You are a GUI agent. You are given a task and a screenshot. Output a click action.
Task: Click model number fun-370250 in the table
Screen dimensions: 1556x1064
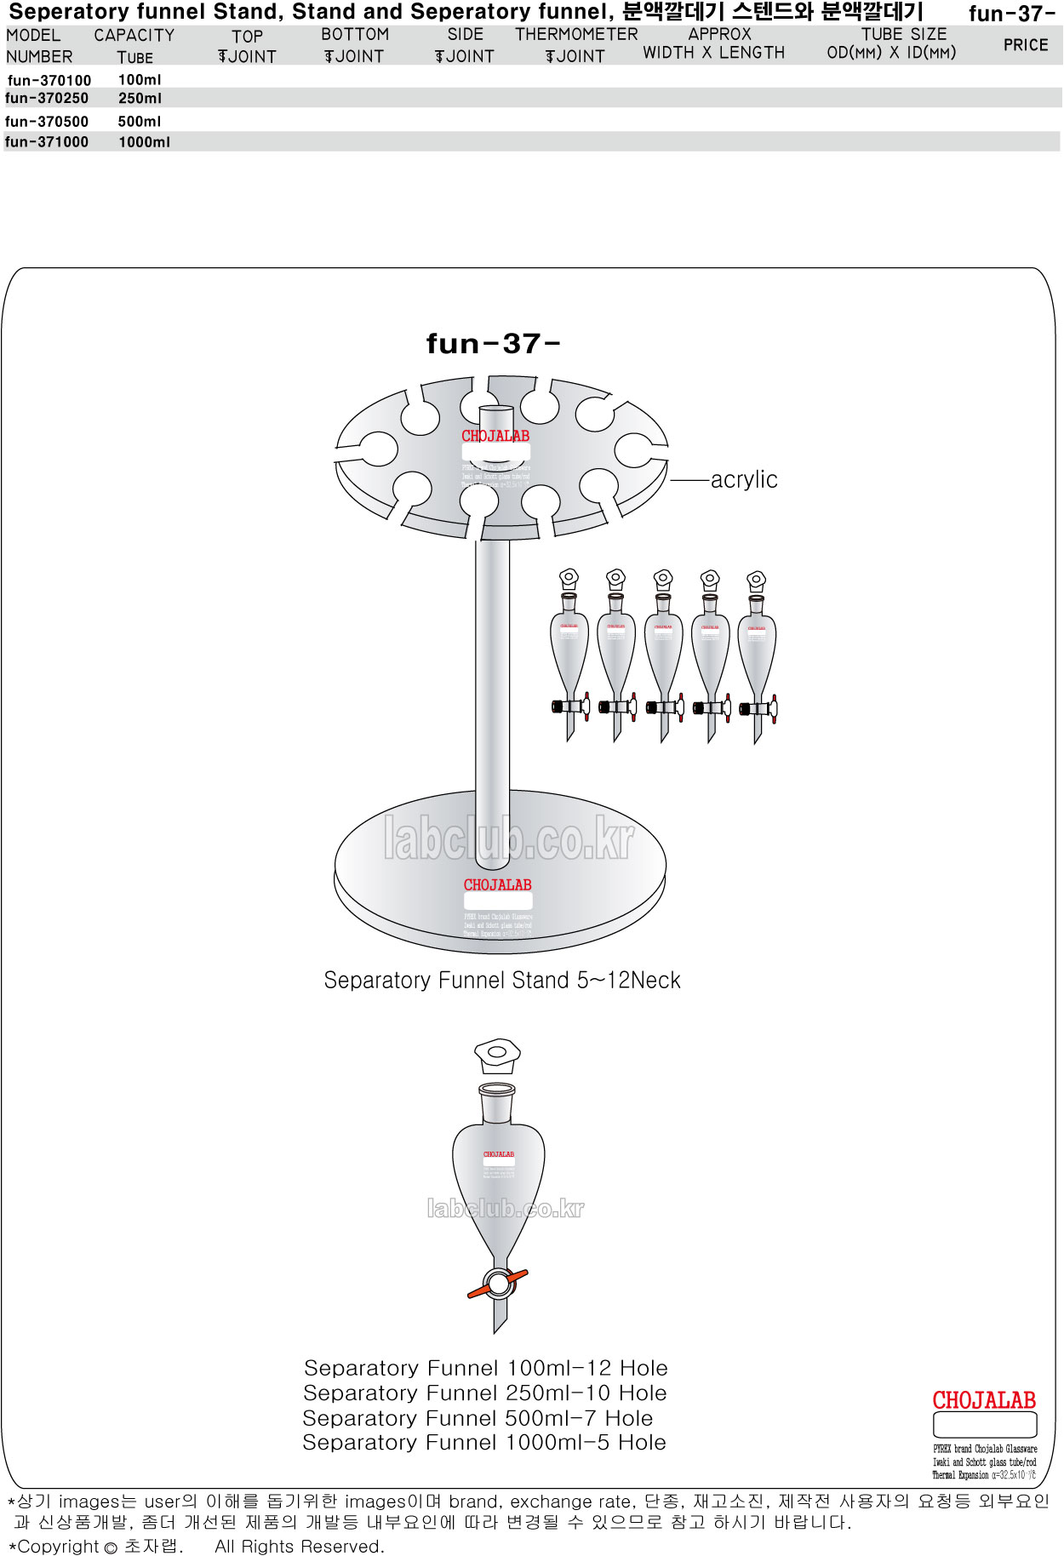tap(47, 99)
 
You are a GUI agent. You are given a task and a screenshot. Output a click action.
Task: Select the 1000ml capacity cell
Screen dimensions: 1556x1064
tap(144, 142)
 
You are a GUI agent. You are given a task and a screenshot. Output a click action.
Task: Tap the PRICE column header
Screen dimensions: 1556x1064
tap(1026, 45)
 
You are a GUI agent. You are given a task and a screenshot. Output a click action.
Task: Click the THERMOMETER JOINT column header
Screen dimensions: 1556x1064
tap(576, 45)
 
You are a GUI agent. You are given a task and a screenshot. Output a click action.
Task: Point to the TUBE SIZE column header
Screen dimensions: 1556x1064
tap(892, 44)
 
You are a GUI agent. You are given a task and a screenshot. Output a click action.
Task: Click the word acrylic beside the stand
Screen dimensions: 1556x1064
tap(744, 480)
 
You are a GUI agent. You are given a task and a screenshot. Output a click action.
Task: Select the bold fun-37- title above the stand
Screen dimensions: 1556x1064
tap(493, 344)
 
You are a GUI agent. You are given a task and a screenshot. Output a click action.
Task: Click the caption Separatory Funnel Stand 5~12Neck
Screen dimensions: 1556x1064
tap(502, 981)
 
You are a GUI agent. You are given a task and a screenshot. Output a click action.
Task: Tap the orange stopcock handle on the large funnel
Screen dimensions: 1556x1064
tap(498, 1284)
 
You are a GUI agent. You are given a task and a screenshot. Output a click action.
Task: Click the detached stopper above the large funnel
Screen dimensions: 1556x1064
tap(497, 1055)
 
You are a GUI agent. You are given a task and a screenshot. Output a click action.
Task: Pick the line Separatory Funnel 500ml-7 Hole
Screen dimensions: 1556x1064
tap(478, 1418)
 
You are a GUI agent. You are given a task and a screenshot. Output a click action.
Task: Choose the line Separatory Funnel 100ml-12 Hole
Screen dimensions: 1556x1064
tap(485, 1368)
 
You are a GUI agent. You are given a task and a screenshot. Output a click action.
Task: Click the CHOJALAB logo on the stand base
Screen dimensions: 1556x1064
tap(497, 885)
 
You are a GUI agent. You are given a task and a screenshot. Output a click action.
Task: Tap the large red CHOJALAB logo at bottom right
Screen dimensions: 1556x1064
tap(984, 1400)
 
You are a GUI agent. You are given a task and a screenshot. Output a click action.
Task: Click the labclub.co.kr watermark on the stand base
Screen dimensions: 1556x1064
tap(509, 839)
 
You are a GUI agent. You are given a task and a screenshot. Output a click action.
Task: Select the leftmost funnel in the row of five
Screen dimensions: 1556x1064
tap(569, 655)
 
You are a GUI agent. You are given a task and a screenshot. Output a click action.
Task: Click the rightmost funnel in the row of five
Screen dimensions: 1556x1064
tap(757, 655)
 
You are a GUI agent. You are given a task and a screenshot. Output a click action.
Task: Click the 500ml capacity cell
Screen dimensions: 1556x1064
tap(139, 122)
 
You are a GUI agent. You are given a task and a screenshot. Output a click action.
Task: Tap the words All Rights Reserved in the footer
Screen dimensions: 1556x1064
tap(300, 1547)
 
